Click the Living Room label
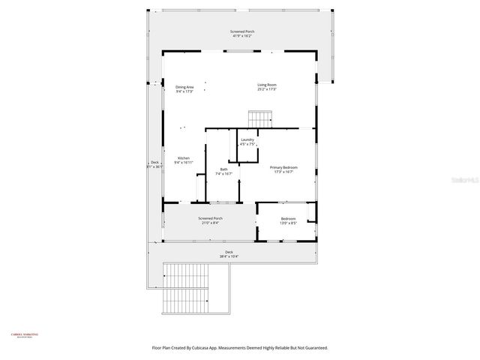267,85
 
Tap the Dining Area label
184,87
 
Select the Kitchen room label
184,158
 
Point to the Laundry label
247,140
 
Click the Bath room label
223,169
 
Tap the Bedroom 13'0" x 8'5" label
289,219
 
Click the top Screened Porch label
241,31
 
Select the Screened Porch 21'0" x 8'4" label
211,219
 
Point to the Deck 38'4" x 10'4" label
229,252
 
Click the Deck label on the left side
154,163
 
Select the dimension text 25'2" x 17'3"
267,90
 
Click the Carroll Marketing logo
24,335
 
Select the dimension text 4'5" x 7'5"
247,145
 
